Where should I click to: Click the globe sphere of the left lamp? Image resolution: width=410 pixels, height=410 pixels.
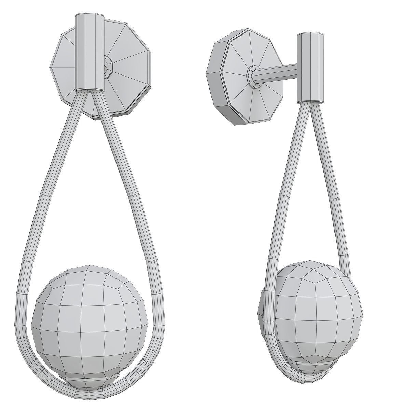coord(90,314)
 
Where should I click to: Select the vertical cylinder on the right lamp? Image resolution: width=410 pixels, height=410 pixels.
coord(310,68)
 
